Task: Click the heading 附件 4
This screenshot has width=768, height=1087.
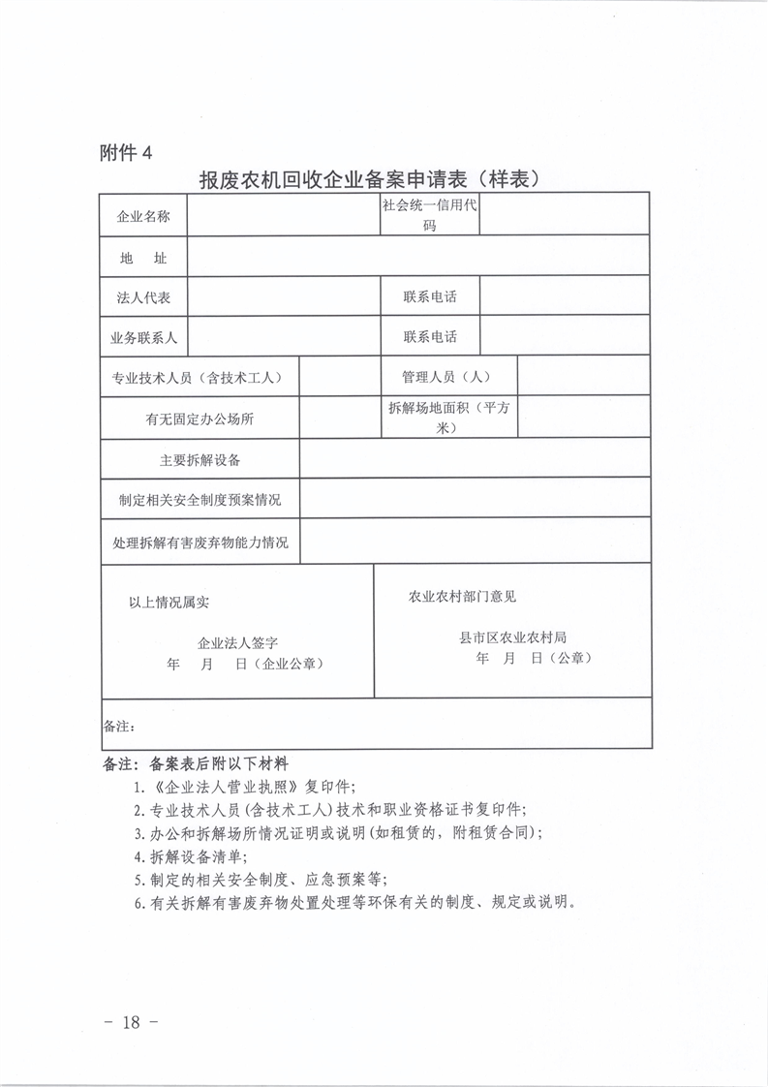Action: [126, 152]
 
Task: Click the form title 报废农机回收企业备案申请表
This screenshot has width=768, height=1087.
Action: [367, 179]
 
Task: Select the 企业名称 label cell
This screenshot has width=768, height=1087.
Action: [143, 216]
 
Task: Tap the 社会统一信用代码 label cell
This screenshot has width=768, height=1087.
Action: [429, 216]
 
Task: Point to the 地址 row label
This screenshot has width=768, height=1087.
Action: [143, 259]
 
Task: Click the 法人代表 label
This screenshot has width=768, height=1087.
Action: [143, 297]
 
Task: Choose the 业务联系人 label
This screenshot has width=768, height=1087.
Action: [143, 337]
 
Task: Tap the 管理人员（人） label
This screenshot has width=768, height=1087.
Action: [448, 377]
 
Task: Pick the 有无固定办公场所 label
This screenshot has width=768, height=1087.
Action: [200, 419]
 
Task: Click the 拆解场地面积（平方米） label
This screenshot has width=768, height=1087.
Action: [448, 418]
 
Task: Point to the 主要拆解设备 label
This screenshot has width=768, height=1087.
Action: [200, 459]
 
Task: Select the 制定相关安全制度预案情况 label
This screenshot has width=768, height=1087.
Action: [200, 500]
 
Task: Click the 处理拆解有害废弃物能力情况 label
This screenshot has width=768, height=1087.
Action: [200, 543]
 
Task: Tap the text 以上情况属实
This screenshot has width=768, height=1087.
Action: [169, 602]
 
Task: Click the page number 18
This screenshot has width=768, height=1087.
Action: [130, 1022]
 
